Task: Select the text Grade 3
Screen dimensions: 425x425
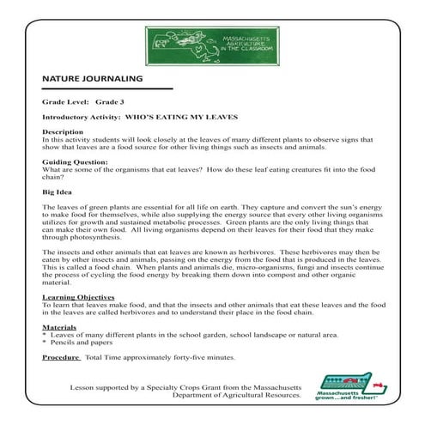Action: point(110,100)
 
